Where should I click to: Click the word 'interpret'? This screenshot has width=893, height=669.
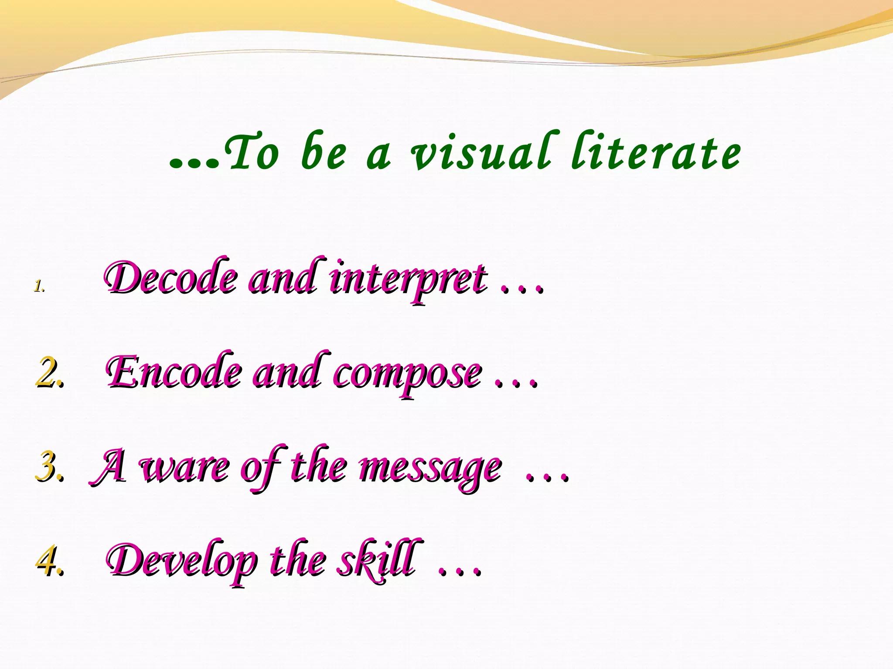(x=408, y=279)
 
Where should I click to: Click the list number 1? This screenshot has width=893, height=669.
(x=40, y=286)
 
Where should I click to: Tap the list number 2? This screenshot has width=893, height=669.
(x=50, y=373)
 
